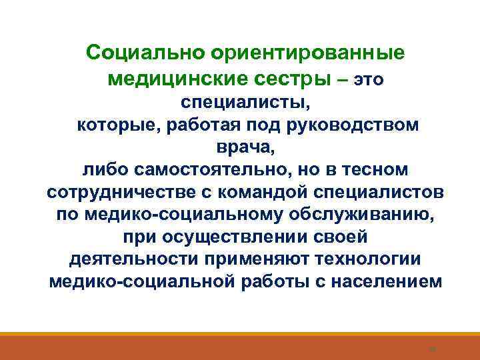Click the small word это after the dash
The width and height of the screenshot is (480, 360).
pyautogui.click(x=368, y=81)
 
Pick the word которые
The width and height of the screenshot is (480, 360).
pyautogui.click(x=125, y=125)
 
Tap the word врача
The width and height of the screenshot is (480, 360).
pyautogui.click(x=245, y=147)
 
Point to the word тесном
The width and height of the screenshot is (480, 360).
pyautogui.click(x=378, y=169)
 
